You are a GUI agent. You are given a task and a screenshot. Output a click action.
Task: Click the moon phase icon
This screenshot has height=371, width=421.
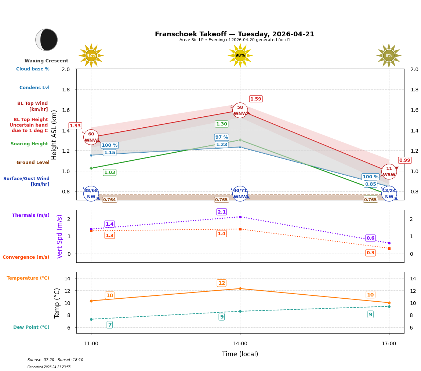pyautogui.click(x=47, y=40)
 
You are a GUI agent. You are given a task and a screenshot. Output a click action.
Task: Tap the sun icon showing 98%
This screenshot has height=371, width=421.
pyautogui.click(x=240, y=55)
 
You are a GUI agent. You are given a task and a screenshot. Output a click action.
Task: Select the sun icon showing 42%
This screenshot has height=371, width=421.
pyautogui.click(x=91, y=55)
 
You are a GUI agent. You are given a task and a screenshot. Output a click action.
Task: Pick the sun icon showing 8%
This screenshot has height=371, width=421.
pyautogui.click(x=389, y=55)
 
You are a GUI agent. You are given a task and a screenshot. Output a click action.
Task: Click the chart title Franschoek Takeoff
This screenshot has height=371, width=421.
pyautogui.click(x=234, y=34)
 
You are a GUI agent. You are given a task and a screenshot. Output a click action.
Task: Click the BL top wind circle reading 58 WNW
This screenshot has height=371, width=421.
pyautogui.click(x=240, y=110)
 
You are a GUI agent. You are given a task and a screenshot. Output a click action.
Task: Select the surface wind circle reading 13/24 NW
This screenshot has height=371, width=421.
pyautogui.click(x=389, y=193)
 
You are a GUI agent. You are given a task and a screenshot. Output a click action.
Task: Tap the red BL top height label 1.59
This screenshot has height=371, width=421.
pyautogui.click(x=255, y=99)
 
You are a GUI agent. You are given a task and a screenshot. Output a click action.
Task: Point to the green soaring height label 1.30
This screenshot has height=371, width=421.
pyautogui.click(x=221, y=124)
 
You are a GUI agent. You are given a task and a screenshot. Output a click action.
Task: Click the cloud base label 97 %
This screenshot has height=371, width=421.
pyautogui.click(x=221, y=137)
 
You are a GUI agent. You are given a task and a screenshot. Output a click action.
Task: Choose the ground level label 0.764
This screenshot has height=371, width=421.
pyautogui.click(x=109, y=200)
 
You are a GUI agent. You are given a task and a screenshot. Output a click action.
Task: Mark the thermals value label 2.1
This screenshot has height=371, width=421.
pyautogui.click(x=222, y=212)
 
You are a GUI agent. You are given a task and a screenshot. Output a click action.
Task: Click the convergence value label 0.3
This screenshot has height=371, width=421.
pyautogui.click(x=370, y=253)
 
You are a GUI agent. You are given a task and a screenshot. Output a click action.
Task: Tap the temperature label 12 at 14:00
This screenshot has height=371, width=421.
pyautogui.click(x=222, y=283)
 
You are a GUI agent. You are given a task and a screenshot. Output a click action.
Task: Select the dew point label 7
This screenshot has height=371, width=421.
pyautogui.click(x=109, y=325)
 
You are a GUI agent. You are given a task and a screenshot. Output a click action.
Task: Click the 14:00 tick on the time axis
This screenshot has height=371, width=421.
pyautogui.click(x=240, y=344)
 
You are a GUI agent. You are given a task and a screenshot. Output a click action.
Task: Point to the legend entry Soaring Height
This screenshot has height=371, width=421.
pyautogui.click(x=29, y=144)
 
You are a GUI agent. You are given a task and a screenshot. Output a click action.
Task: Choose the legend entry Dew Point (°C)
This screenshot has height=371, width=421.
pyautogui.click(x=31, y=327)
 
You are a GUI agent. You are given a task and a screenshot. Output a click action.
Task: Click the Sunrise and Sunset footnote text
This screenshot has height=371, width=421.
pyautogui.click(x=55, y=360)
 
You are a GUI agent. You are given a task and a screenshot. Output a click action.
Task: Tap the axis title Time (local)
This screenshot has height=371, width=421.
pyautogui.click(x=240, y=354)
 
